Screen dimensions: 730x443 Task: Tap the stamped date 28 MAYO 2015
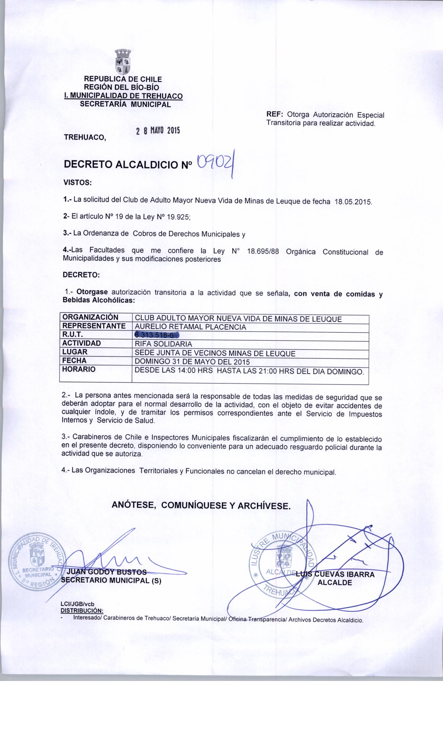[x=158, y=131]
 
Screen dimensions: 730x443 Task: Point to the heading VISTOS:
[x=77, y=182]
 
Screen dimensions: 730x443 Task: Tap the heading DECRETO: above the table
[x=81, y=275]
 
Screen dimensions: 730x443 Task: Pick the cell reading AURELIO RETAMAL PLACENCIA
[x=190, y=327]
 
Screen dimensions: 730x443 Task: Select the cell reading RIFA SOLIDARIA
[x=163, y=344]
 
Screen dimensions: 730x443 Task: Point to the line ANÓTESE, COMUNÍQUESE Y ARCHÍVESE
[x=201, y=505]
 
